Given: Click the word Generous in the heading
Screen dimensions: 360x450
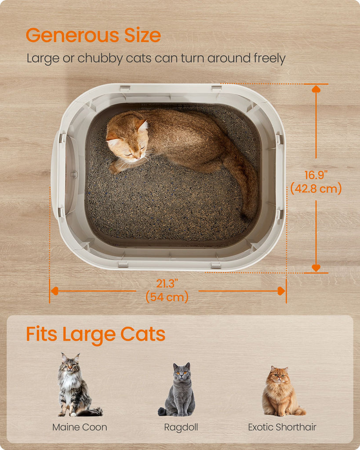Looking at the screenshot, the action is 72,35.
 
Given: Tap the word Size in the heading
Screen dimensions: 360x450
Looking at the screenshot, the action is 142,35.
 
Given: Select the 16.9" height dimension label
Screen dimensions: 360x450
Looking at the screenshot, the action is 316,175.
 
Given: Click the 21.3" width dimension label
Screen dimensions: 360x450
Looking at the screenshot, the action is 167,283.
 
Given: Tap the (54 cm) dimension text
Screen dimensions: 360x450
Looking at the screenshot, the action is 167,297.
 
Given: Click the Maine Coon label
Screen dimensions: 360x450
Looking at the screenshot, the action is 80,427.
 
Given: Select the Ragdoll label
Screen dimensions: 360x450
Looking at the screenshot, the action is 181,427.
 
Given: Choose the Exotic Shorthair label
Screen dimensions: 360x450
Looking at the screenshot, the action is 282,427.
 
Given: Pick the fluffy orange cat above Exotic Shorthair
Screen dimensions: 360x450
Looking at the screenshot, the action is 282,391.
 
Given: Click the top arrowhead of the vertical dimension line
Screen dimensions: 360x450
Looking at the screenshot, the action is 316,89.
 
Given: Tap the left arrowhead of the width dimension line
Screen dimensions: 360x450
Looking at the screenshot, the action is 55,291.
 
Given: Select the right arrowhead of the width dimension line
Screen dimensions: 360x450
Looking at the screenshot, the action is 281,291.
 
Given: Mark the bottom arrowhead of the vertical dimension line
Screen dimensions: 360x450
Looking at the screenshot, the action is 316,268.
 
